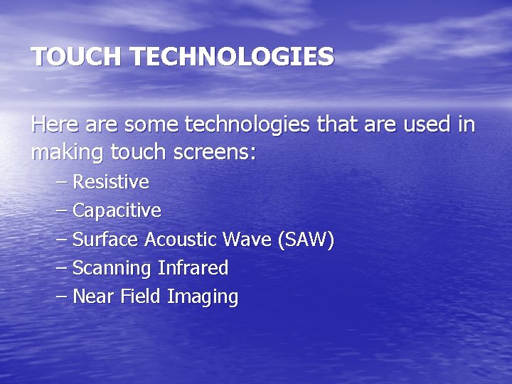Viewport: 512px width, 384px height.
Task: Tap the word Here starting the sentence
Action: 55,125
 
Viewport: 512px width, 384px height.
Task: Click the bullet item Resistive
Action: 111,182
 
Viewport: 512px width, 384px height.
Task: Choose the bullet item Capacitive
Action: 117,211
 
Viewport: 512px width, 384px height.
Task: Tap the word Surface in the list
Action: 106,240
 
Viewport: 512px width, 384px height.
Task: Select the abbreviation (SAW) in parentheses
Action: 306,240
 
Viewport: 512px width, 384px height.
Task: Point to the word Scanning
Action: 112,269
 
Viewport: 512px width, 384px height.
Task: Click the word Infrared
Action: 193,269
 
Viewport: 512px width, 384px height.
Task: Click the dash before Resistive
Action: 61,182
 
